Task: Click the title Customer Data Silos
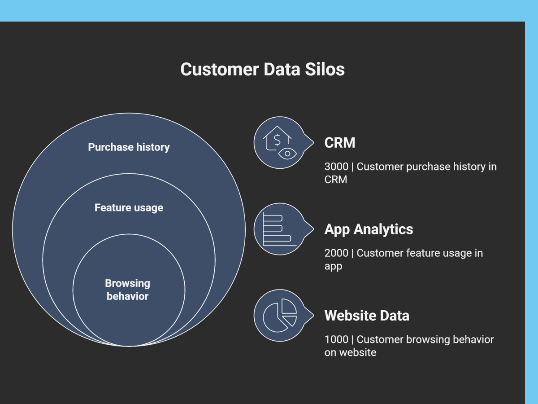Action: click(x=262, y=70)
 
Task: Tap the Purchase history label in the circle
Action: click(x=129, y=147)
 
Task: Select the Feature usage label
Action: click(x=129, y=208)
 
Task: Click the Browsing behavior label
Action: click(x=128, y=290)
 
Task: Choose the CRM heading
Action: click(x=340, y=143)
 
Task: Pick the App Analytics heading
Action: click(x=369, y=229)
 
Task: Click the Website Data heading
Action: click(x=367, y=316)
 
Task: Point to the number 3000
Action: click(x=336, y=167)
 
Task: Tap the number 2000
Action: click(x=336, y=253)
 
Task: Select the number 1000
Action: click(x=336, y=339)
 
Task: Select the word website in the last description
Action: click(x=357, y=352)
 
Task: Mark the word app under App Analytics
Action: click(x=333, y=266)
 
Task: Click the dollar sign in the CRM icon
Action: click(x=277, y=140)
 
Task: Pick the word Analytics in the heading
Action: click(x=384, y=229)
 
